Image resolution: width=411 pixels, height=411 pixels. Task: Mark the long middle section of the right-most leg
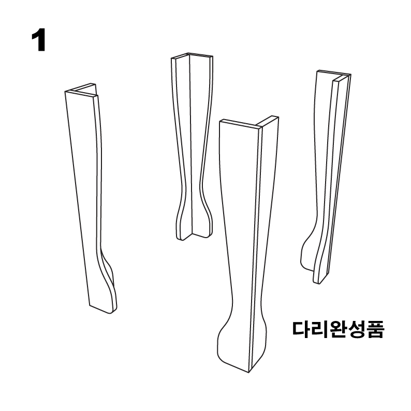click(327, 166)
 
